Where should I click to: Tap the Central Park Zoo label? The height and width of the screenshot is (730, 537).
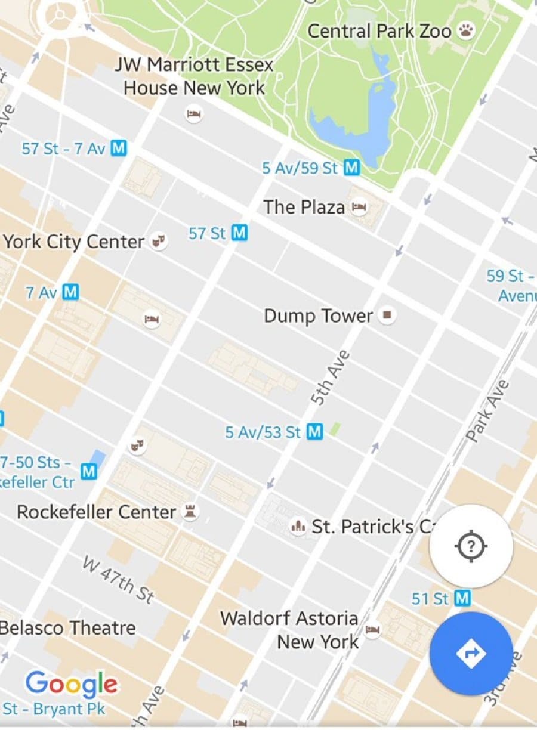(x=379, y=31)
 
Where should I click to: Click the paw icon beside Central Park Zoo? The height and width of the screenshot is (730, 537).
(x=466, y=31)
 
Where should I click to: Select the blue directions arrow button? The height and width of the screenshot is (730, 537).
(x=471, y=654)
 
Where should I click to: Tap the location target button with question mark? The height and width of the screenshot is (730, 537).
(x=471, y=546)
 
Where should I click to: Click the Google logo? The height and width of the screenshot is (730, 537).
(x=71, y=683)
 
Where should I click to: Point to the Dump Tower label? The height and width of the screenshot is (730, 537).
(x=318, y=315)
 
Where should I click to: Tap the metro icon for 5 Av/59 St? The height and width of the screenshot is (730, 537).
(x=352, y=168)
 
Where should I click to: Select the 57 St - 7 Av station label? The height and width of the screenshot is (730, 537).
(x=63, y=149)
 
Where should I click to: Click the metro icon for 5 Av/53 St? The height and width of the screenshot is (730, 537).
(x=314, y=431)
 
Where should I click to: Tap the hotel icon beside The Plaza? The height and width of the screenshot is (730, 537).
(x=359, y=207)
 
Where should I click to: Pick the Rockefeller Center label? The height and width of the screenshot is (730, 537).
(x=96, y=512)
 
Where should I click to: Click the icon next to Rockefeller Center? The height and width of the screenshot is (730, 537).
(x=190, y=511)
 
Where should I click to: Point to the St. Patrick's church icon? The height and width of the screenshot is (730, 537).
(x=297, y=526)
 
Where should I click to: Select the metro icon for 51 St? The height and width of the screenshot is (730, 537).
(x=462, y=598)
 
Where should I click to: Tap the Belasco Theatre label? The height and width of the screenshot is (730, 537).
(x=67, y=627)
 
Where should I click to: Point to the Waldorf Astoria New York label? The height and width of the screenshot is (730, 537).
(x=289, y=630)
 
